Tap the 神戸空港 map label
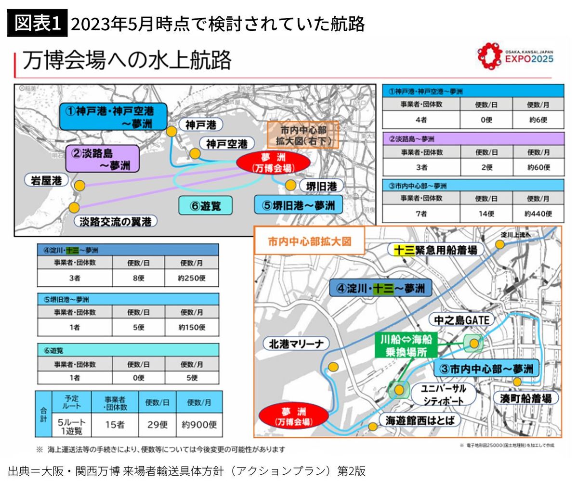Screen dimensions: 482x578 [226, 143]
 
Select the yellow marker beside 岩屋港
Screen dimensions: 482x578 [79, 185]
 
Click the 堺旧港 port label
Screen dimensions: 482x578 [321, 186]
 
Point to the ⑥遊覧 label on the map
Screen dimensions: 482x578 [205, 205]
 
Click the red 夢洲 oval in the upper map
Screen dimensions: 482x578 [273, 163]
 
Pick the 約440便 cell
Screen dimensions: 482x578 [538, 213]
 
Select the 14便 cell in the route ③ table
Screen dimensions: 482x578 [486, 213]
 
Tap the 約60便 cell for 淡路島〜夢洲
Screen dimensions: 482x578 [538, 167]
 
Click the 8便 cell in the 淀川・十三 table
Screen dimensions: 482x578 [138, 278]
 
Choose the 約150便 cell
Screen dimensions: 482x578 [191, 327]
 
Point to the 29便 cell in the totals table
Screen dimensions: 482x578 [157, 424]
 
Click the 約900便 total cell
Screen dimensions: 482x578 [199, 424]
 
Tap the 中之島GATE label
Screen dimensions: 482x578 [461, 320]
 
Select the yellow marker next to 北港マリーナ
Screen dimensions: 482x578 [333, 367]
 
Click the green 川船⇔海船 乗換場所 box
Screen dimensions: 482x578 [406, 345]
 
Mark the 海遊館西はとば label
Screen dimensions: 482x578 [420, 420]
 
